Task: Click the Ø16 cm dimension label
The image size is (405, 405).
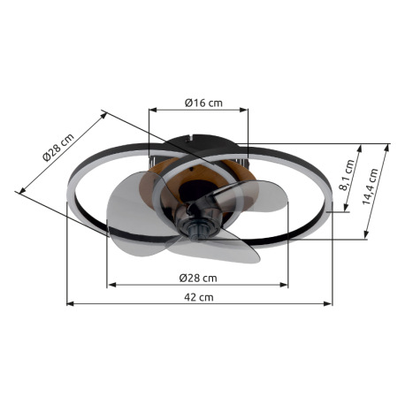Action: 203,103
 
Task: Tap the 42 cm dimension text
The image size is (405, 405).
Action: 199,297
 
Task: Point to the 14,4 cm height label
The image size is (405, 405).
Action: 370,187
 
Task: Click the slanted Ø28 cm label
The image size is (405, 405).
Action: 58,148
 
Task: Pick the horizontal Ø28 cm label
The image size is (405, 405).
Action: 198,278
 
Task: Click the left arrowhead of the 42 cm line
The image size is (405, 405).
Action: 70,303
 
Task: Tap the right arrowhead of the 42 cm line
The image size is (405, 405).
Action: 328,303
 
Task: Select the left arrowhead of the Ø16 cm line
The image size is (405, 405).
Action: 153,110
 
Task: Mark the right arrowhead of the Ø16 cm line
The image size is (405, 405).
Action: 244,110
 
